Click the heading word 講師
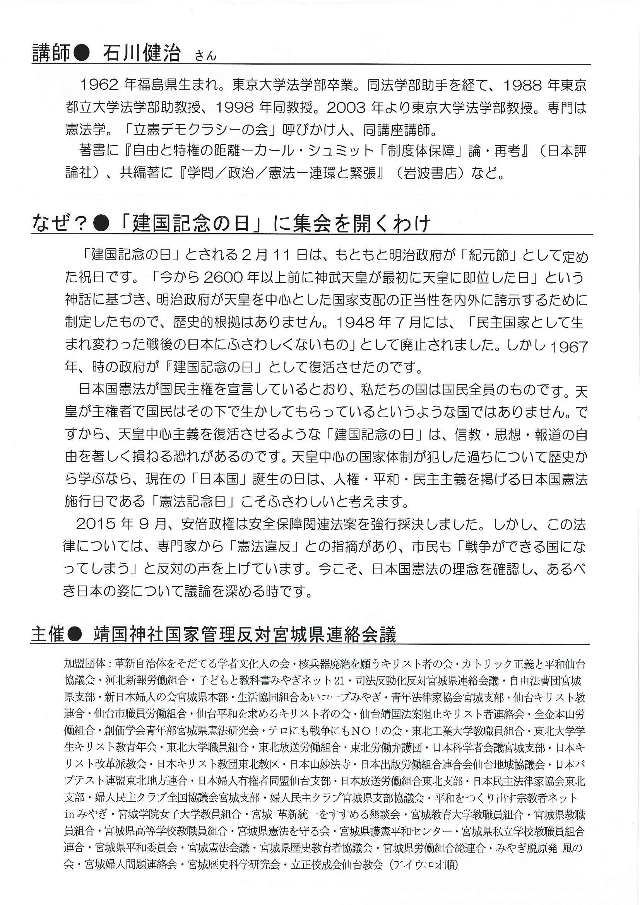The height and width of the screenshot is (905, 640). click(51, 53)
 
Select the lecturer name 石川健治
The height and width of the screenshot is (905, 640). click(142, 53)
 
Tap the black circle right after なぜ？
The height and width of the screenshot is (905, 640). click(102, 224)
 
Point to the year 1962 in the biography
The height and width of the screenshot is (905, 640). click(99, 85)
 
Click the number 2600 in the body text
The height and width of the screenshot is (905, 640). click(222, 278)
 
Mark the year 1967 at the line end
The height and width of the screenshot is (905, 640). click(568, 347)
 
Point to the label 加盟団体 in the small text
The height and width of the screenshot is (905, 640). click(84, 663)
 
